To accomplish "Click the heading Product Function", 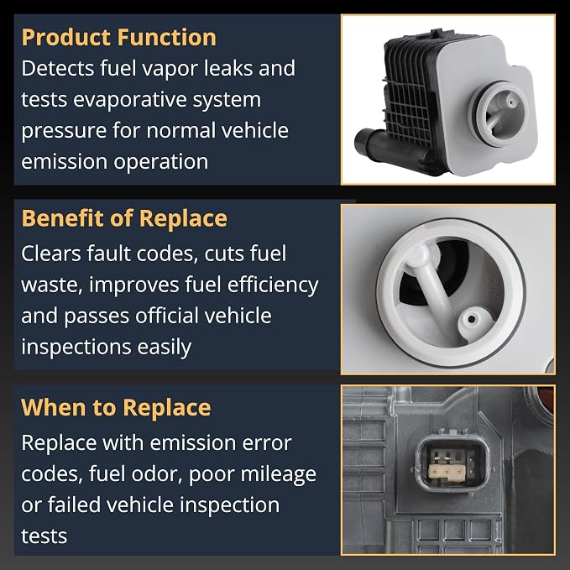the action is [119, 38].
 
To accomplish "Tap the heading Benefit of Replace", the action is [124, 219].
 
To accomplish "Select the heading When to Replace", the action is [116, 408].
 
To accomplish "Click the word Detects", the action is [57, 68].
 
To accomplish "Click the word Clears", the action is [51, 254].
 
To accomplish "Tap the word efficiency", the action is [273, 285].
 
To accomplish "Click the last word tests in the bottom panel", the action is [44, 536].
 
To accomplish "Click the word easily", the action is [164, 348].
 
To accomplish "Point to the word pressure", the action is [64, 131].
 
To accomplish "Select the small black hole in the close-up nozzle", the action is [472, 319].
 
